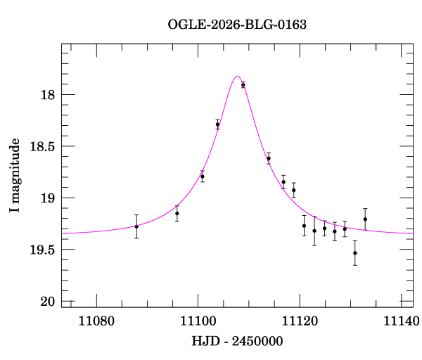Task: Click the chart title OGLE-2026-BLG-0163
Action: pos(237,25)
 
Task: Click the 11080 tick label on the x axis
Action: pos(96,321)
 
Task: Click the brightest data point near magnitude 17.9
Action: pos(243,85)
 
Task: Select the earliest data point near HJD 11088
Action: pos(136,226)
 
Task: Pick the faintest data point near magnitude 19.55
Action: pos(355,253)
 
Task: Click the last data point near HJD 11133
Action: pos(365,219)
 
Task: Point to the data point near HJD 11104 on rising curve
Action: pos(217,124)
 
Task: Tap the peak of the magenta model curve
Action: pos(237,77)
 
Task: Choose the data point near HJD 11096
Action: pos(177,213)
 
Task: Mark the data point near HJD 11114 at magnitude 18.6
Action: pos(269,158)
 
